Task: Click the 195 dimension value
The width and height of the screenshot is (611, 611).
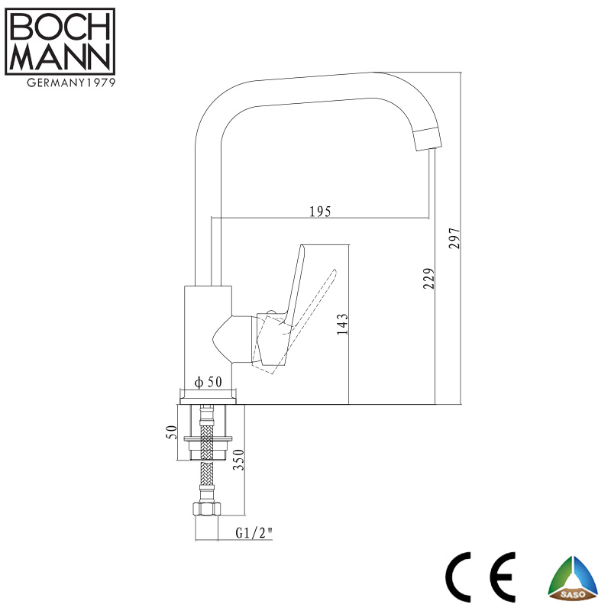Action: click(x=320, y=212)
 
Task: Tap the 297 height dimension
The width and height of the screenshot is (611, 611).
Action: click(x=454, y=238)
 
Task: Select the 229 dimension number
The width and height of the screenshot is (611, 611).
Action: click(x=428, y=278)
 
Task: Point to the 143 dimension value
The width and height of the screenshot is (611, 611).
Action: click(x=342, y=324)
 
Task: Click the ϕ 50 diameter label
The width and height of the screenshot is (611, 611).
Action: click(x=208, y=382)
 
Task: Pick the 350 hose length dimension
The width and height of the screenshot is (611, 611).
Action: click(x=238, y=460)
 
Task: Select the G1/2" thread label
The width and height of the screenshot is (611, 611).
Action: click(x=254, y=532)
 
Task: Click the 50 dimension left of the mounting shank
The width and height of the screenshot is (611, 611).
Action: click(x=172, y=432)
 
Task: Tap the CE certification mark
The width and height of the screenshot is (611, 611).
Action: click(x=480, y=577)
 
